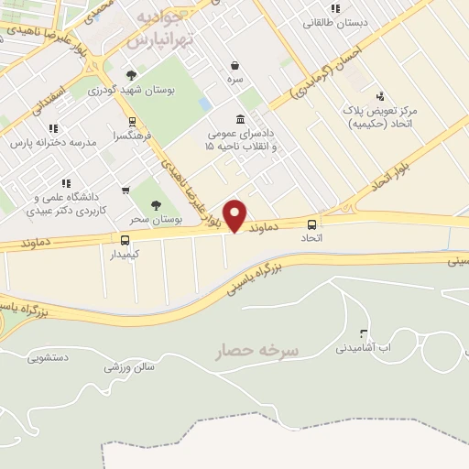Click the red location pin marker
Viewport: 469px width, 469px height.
point(235,214)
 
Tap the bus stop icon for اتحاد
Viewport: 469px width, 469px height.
point(312,224)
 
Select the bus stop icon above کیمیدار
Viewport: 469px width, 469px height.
point(125,240)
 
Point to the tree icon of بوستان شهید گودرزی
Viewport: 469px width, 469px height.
point(132,75)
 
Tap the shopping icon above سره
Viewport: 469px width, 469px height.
point(236,65)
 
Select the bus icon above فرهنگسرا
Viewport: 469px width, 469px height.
point(133,120)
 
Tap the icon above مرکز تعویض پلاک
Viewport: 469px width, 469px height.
point(380,95)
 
